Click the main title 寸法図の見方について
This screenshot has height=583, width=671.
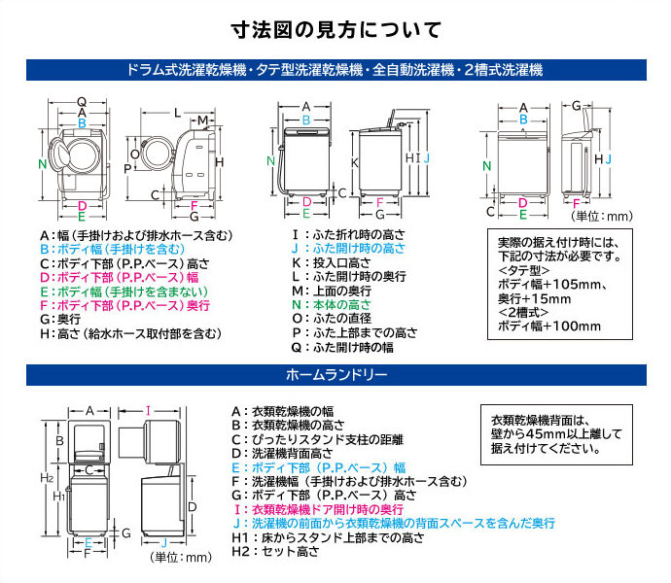pos(336,29)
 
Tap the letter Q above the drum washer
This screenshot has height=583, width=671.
pos(82,101)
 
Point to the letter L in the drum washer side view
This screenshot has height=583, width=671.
pos(176,113)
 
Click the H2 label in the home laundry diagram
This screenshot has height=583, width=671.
pos(46,477)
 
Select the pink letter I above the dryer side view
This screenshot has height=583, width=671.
pos(147,410)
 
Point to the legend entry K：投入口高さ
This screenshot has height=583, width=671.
pos(336,262)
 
